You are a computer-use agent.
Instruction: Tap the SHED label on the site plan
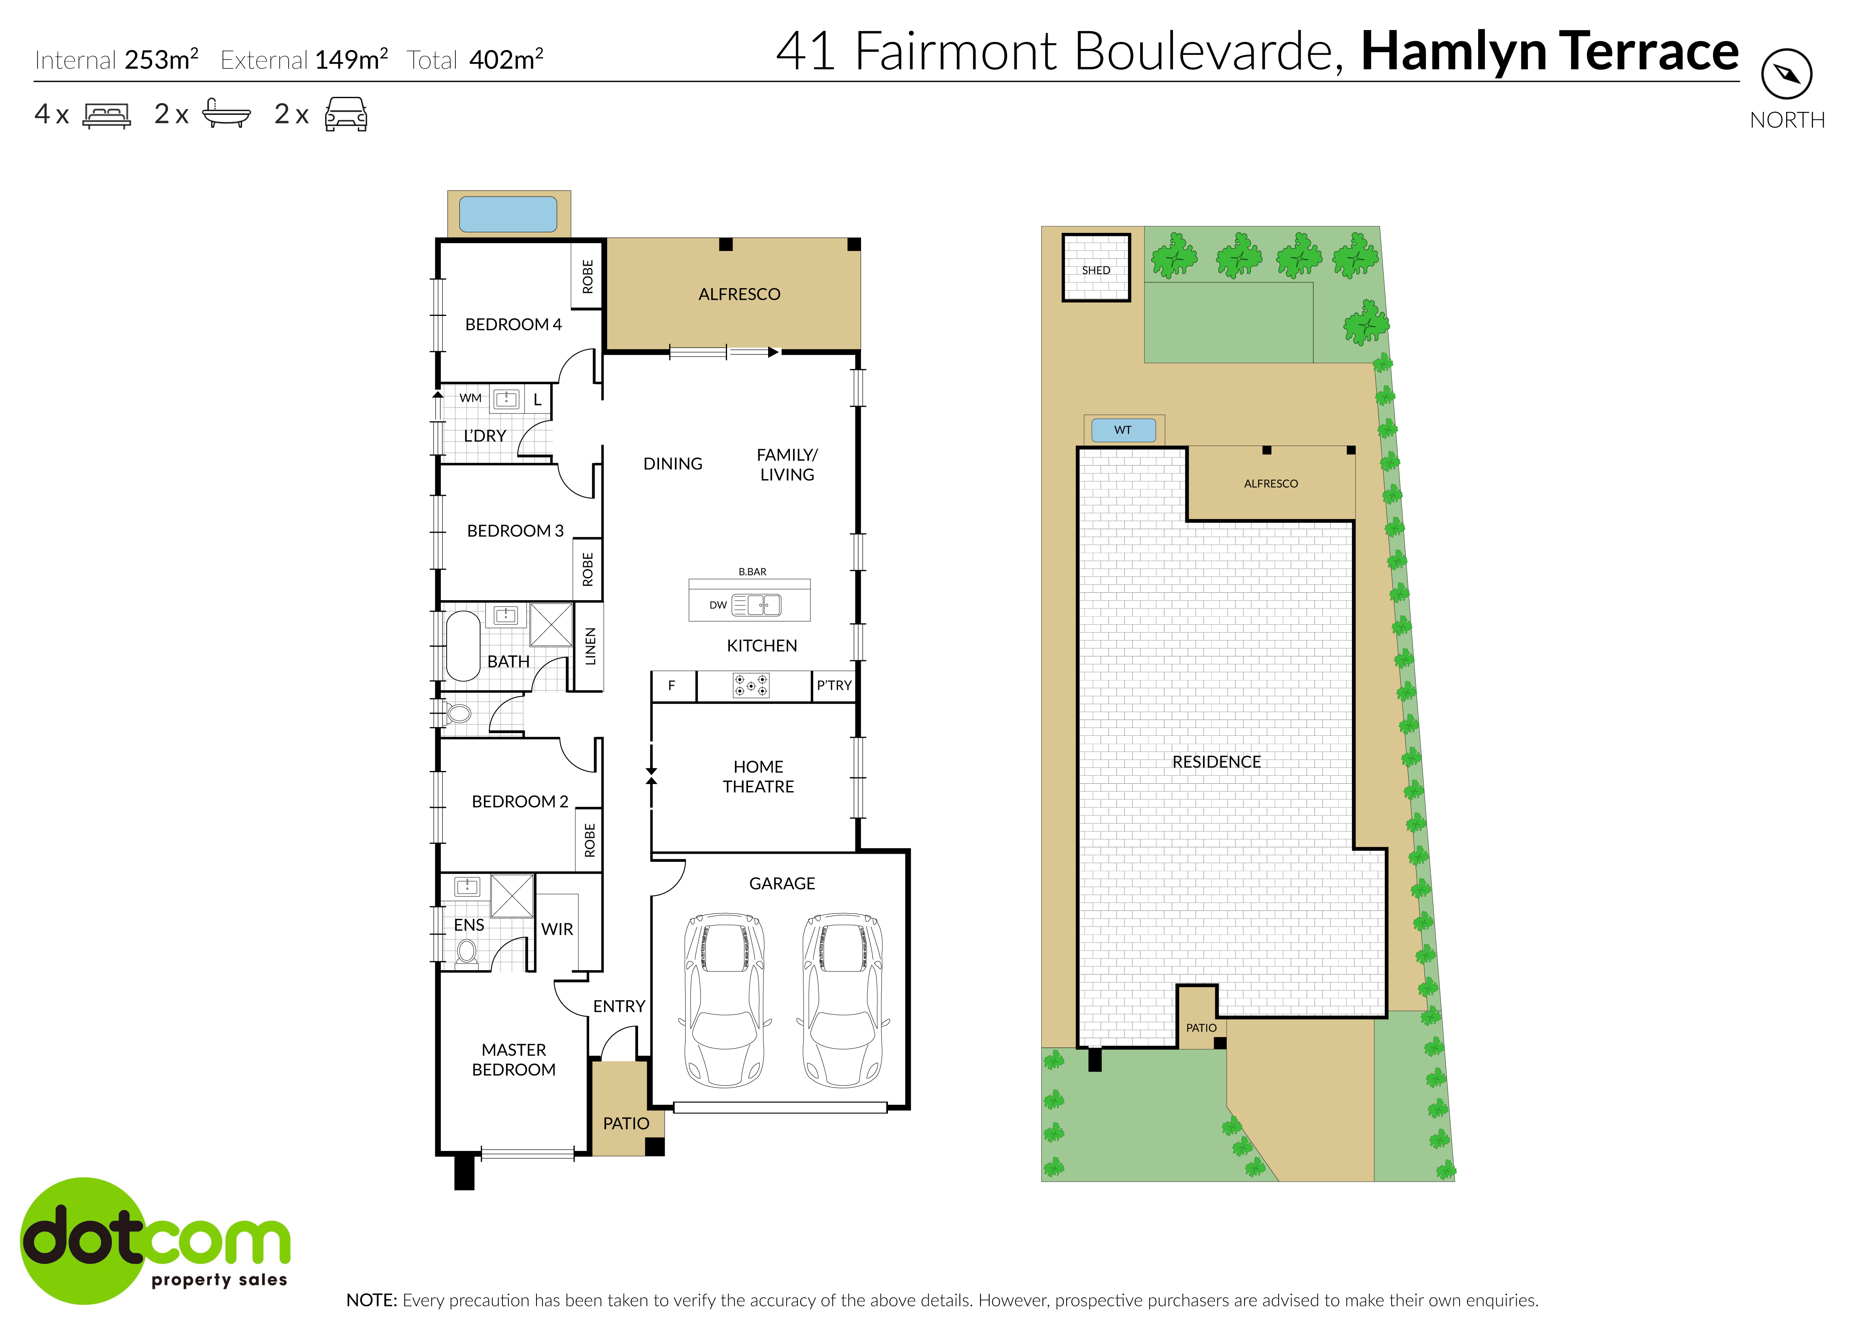tap(1095, 270)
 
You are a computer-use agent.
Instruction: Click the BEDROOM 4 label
tap(512, 324)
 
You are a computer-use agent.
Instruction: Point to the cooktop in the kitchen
tap(751, 685)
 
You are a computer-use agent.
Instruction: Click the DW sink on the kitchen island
tap(763, 605)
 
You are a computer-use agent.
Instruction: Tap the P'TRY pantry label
tap(834, 685)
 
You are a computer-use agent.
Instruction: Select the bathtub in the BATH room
tap(463, 646)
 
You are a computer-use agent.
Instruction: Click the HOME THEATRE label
tap(758, 776)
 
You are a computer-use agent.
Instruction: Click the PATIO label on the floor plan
tap(626, 1123)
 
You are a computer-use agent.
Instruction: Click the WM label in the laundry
tap(470, 398)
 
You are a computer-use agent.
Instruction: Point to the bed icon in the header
tap(106, 115)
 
